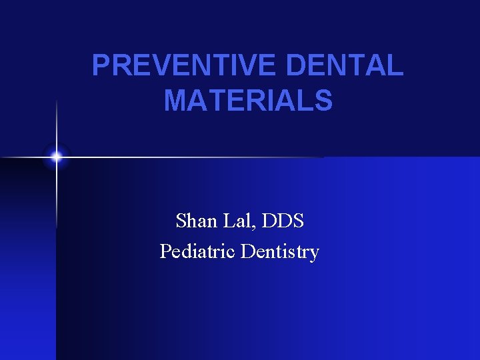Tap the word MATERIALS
tap(248, 101)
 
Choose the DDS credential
tap(286, 220)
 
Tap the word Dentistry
tap(280, 252)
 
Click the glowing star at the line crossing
tap(57, 157)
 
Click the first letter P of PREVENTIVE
tap(100, 65)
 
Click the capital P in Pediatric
tap(165, 252)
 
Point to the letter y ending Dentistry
tap(314, 255)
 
